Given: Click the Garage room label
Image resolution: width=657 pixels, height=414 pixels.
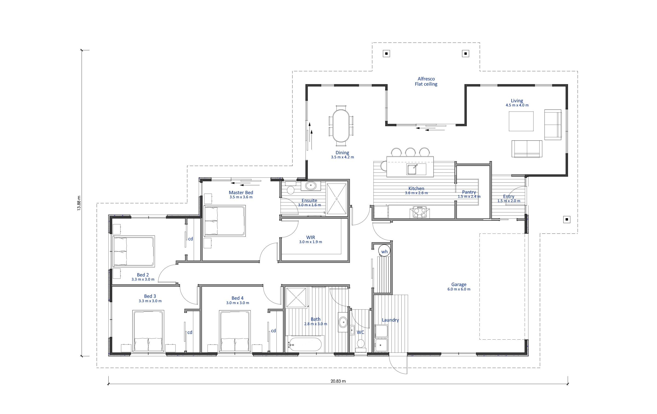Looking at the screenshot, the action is tap(459, 284).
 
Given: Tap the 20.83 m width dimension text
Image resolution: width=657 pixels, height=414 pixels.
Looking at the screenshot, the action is tap(338, 381).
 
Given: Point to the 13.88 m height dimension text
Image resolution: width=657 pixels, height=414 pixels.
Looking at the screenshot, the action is tap(79, 203).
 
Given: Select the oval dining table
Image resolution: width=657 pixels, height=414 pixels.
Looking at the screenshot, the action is tap(341, 126).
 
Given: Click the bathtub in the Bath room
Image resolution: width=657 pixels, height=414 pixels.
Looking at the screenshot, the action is tap(305, 344).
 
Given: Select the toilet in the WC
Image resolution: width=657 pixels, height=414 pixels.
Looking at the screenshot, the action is tap(361, 345).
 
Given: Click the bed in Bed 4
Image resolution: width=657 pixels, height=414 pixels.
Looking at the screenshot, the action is tap(235, 331).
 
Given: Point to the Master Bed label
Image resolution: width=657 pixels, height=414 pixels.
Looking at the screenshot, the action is tap(241, 193).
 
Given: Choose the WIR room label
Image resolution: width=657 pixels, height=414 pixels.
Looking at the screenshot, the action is tap(310, 237).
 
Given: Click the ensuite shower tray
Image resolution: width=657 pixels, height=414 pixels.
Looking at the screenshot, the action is tap(337, 199).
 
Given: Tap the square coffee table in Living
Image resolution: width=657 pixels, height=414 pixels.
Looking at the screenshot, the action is tap(521, 121).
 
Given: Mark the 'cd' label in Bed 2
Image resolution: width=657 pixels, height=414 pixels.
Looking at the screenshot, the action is tap(191, 239).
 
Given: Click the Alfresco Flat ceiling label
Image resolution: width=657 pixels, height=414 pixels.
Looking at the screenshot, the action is tap(426, 81).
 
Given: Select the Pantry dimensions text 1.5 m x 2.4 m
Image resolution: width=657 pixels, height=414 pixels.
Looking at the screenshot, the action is tap(469, 197).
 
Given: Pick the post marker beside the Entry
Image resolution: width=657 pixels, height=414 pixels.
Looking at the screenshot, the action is tap(567, 219).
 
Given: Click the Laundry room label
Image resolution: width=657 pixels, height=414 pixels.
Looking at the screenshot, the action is tap(390, 320).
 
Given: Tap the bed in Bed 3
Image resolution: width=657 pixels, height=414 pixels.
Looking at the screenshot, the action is tap(148, 331).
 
